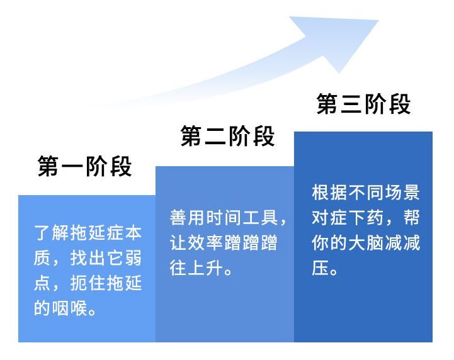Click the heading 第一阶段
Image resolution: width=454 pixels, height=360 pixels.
pyautogui.click(x=85, y=166)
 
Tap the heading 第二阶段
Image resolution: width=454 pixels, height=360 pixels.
pyautogui.click(x=227, y=136)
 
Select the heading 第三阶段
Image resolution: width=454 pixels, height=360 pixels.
pyautogui.click(x=364, y=104)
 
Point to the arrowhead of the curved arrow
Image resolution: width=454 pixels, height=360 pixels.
pyautogui.click(x=342, y=40)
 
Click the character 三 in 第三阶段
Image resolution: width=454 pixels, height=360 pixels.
pyautogui.click(x=352, y=104)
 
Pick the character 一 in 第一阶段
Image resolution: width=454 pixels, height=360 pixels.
pyautogui.click(x=72, y=167)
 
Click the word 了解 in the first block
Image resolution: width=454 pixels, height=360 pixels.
pyautogui.click(x=52, y=232)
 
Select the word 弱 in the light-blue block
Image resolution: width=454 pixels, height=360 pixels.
pyautogui.click(x=133, y=257)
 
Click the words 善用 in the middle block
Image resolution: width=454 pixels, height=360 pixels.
pyautogui.click(x=187, y=217)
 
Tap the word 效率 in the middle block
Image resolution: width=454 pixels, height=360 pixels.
pyautogui.click(x=205, y=242)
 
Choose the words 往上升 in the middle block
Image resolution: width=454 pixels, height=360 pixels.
pyautogui.click(x=196, y=267)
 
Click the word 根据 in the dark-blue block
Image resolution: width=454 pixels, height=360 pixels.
pyautogui.click(x=329, y=192)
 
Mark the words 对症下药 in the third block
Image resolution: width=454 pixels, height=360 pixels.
pyautogui.click(x=348, y=217)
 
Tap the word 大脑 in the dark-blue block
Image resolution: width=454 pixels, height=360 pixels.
pyautogui.click(x=366, y=242)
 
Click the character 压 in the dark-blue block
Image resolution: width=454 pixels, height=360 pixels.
pyautogui.click(x=321, y=267)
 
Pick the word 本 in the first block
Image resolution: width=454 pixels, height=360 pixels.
pyautogui.click(x=133, y=232)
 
